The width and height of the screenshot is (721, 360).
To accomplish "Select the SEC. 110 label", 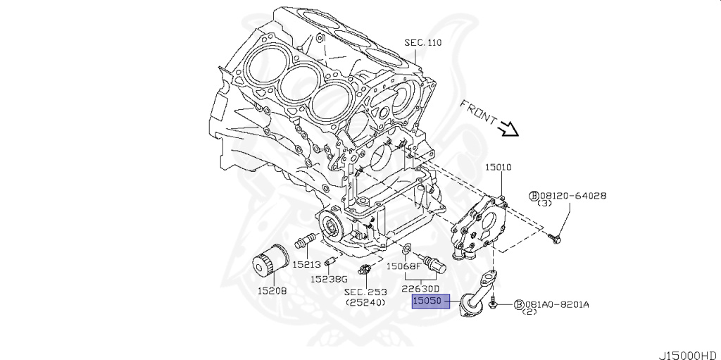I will tap(422, 42).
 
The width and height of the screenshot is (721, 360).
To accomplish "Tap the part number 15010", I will tap(498, 168).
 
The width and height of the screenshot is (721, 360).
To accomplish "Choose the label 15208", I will tap(271, 290).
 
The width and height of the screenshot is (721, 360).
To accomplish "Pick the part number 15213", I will tap(307, 265).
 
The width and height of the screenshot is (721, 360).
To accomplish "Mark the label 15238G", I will tap(330, 278).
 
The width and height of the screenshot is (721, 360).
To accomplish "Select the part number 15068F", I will tap(403, 266).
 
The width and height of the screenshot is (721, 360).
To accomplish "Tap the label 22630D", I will tap(420, 288).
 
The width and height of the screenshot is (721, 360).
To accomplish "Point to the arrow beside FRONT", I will tap(507, 130).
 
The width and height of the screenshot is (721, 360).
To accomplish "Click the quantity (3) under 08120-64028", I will tap(544, 204).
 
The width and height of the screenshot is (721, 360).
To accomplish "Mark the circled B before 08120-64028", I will tap(534, 196).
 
